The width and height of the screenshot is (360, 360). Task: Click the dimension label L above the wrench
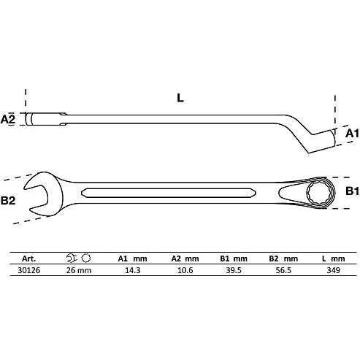tap(179, 96)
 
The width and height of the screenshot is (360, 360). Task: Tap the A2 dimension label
tap(9, 118)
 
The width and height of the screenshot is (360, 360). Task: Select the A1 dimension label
tap(351, 133)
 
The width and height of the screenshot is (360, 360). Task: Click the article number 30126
tap(28, 269)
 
